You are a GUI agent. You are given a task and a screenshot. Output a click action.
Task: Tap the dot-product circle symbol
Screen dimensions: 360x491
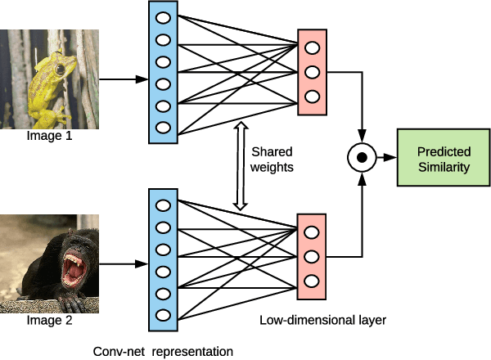point(360,155)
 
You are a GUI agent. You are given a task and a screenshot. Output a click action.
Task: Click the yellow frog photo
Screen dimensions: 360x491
point(50,79)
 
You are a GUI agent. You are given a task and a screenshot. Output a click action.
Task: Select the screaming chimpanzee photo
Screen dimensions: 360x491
point(50,263)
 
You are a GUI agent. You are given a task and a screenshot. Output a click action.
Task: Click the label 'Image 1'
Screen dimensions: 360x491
point(50,135)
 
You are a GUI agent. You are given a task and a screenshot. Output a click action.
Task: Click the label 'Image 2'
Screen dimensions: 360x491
point(50,320)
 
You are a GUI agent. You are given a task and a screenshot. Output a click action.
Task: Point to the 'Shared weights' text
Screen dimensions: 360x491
point(272,160)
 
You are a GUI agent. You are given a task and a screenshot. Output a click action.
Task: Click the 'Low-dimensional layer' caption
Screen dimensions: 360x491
point(322,320)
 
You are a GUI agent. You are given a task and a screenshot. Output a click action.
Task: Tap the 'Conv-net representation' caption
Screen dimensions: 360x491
point(164,350)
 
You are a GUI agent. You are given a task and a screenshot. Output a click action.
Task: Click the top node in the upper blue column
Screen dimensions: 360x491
point(163,16)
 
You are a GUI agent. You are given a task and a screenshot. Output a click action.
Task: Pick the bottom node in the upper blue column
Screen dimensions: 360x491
point(163,127)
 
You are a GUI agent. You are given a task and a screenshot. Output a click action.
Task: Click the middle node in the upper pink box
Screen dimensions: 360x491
point(312,71)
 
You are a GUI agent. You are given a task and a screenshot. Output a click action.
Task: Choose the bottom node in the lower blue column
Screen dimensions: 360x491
point(163,314)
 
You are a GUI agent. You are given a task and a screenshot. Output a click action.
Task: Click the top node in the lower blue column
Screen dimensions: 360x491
point(163,205)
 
